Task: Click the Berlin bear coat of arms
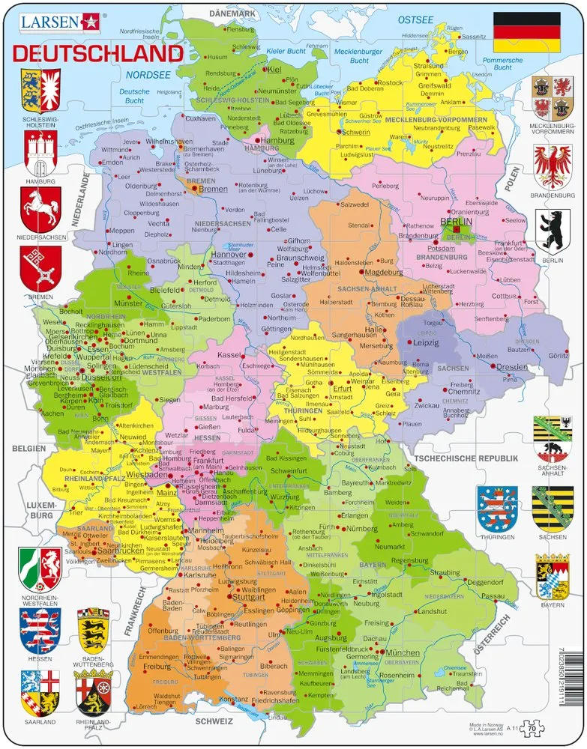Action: point(553,229)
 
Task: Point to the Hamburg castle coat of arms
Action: point(40,154)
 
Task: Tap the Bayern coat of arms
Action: point(553,577)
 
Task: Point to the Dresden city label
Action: point(513,367)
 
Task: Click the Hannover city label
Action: point(229,255)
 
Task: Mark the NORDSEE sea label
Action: point(146,75)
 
